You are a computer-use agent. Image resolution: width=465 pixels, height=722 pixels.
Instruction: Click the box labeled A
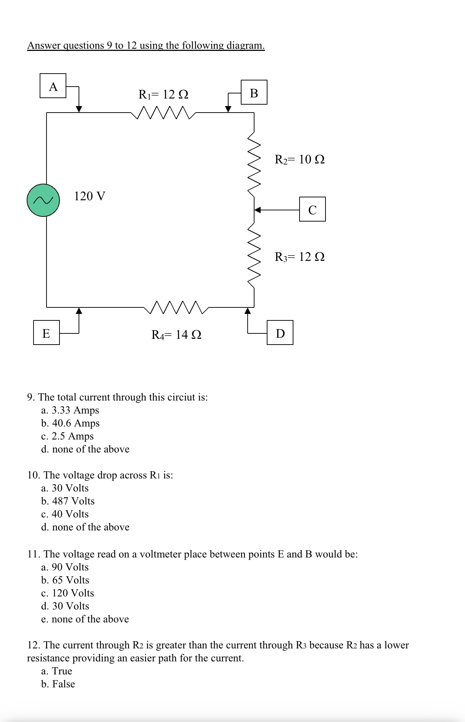53,86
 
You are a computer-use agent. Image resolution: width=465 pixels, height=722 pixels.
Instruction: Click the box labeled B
254,92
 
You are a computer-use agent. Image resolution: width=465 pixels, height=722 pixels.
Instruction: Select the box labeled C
312,209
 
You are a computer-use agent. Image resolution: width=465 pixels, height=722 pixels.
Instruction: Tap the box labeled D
280,333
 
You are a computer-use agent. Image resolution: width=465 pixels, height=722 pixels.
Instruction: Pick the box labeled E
46,333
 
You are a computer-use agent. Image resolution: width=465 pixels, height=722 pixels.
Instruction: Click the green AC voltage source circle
43,200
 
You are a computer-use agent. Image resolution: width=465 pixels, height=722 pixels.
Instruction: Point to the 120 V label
90,196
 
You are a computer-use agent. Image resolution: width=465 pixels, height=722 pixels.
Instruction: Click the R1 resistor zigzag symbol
163,113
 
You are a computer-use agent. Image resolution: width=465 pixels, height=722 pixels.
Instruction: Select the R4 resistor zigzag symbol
176,307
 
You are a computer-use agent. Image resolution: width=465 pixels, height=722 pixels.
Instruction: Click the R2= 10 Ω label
299,159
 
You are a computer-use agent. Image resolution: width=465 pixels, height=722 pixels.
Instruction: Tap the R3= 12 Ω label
299,257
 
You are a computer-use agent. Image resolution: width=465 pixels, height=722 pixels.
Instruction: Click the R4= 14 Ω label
176,335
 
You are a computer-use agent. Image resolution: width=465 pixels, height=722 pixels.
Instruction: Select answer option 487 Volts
73,501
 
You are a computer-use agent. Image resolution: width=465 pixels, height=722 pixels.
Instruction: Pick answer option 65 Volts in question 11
70,580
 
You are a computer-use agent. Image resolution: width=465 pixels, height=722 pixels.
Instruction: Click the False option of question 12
63,684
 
